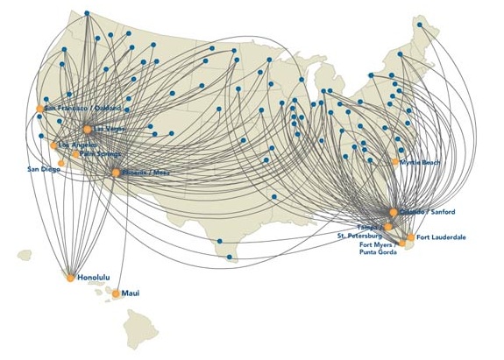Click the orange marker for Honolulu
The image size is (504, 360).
pos(71,278)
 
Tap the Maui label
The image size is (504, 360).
pos(131,293)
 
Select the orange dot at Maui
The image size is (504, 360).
pos(116,293)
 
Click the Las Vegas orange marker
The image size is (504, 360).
pos(88,130)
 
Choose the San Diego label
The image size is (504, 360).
pos(44,168)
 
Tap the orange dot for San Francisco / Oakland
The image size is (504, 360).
pos(40,109)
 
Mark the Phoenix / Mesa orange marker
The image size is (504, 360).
pos(116,173)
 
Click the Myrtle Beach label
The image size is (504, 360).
pos(420,162)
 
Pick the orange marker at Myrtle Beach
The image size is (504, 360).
pos(396,162)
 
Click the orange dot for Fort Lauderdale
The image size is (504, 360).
pos(410,237)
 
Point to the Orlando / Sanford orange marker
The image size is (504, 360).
pos(394,213)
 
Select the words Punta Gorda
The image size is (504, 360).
pos(379,253)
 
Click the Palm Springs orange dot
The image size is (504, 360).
pos(75,154)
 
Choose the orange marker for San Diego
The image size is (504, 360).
pos(61,163)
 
